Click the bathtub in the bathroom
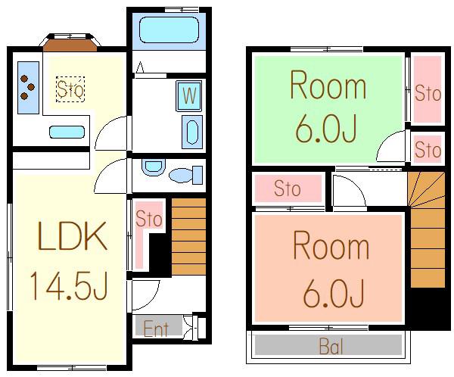point(169,30)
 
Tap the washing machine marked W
point(189,96)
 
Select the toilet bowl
point(185,175)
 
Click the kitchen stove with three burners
point(28,88)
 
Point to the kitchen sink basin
point(67,132)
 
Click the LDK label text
point(72,236)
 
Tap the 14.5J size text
point(69,285)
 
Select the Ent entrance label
point(156,329)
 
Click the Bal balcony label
point(331,346)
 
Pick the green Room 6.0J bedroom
point(328,109)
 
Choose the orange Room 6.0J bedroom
point(328,268)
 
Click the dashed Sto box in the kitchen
point(70,89)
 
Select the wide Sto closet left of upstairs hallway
point(288,188)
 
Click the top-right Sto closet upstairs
point(428,89)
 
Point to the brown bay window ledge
point(70,45)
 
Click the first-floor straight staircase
point(188,236)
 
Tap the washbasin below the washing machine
point(192,132)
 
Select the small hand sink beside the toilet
point(153,167)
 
